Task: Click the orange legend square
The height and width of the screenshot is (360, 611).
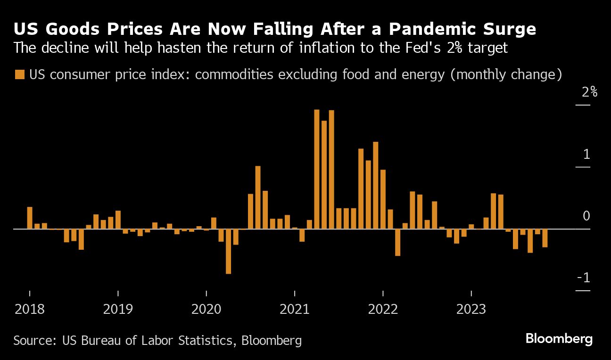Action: (x=19, y=74)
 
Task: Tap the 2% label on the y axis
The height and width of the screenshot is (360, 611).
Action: (x=589, y=92)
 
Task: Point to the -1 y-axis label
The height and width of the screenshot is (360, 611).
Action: (x=584, y=278)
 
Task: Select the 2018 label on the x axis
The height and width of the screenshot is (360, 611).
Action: (x=29, y=309)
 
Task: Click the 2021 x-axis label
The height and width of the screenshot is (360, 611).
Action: (x=294, y=309)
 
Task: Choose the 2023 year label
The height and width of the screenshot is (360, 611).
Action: (x=471, y=309)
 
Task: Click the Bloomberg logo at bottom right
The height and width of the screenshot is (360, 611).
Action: (x=559, y=339)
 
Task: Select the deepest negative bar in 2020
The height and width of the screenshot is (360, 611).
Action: (x=228, y=251)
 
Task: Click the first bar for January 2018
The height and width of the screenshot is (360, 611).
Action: (x=29, y=218)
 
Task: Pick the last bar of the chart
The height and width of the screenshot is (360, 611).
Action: (x=545, y=238)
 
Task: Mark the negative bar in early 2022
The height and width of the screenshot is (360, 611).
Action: (x=397, y=242)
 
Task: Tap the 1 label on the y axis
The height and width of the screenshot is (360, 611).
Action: (x=586, y=154)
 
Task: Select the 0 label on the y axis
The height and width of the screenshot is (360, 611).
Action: (x=586, y=216)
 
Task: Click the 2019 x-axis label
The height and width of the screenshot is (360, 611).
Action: (x=118, y=309)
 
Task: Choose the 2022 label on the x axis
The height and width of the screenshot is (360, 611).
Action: (x=383, y=309)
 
